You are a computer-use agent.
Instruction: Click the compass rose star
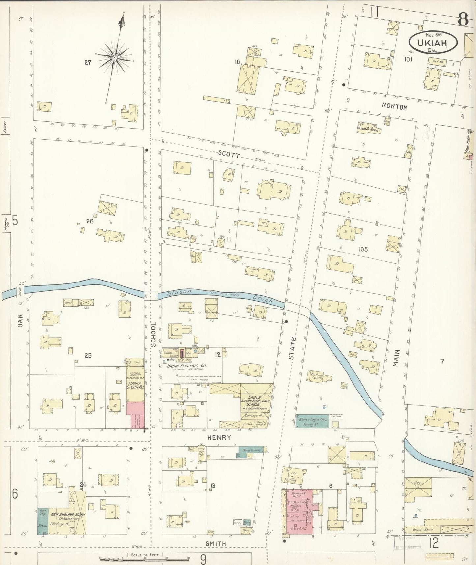[x=114, y=57]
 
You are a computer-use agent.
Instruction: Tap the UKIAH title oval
[x=433, y=42]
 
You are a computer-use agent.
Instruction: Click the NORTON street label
[x=394, y=107]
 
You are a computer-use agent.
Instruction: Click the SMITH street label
[x=216, y=543]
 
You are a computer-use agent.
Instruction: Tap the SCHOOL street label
[x=154, y=334]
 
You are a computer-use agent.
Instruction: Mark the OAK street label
[x=20, y=320]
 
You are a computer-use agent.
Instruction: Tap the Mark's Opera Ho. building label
[x=135, y=385]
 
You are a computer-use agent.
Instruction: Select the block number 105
[x=363, y=249]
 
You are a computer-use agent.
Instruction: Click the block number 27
[x=88, y=62]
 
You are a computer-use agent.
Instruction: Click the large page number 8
[x=462, y=20]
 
